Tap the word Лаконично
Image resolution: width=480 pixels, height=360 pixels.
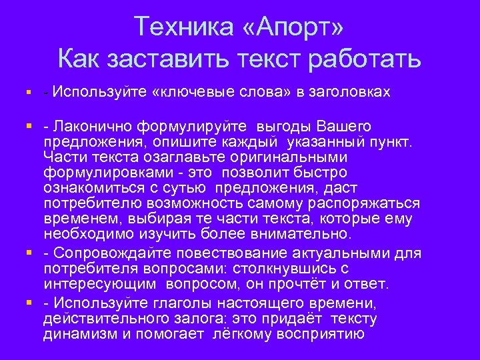point(94,127)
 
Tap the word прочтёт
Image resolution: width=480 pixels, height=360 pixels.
point(311,284)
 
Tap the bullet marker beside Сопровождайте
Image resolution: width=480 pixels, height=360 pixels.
point(29,254)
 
